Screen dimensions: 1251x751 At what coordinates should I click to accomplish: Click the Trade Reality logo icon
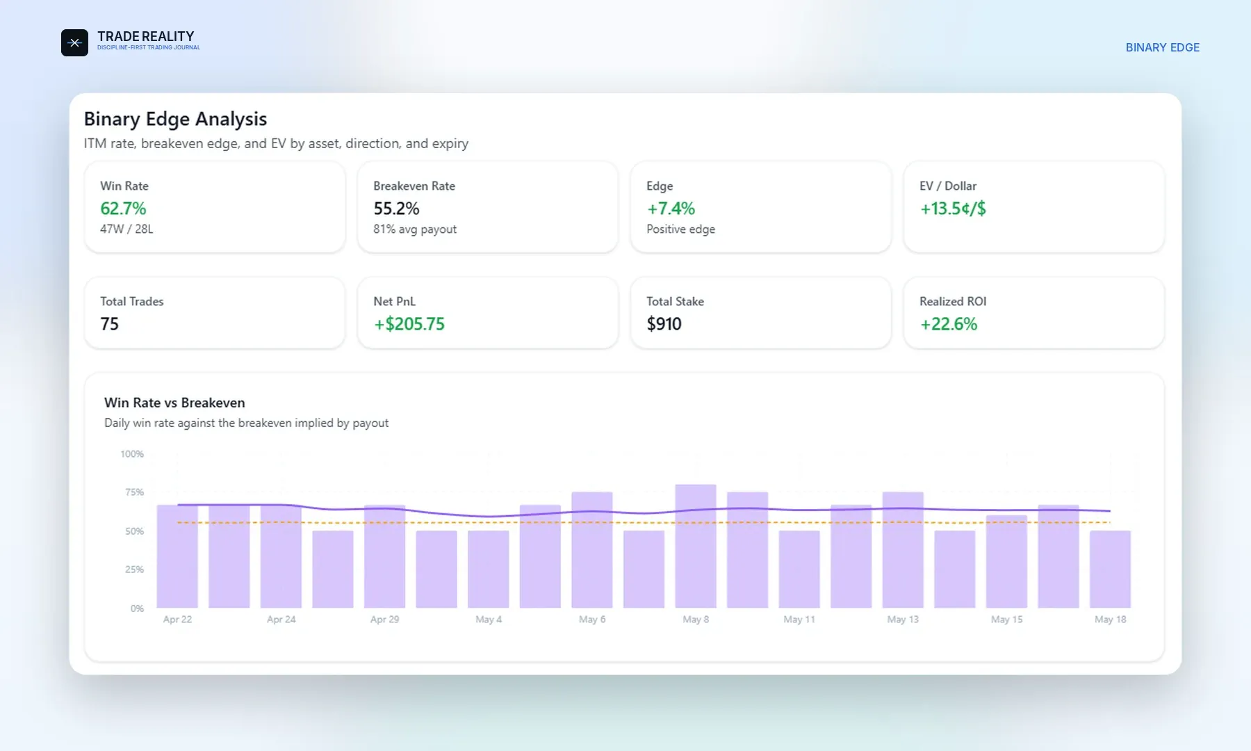pyautogui.click(x=74, y=42)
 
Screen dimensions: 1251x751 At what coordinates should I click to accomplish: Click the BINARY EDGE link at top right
pyautogui.click(x=1162, y=47)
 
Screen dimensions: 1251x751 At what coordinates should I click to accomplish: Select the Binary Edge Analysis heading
pyautogui.click(x=175, y=119)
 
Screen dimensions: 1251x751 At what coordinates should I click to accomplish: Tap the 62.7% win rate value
pyautogui.click(x=123, y=209)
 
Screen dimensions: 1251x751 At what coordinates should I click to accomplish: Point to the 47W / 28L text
pyautogui.click(x=126, y=229)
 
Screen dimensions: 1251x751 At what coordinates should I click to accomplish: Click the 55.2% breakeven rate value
pyautogui.click(x=396, y=209)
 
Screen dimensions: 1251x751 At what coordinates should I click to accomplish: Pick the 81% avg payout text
pyautogui.click(x=415, y=229)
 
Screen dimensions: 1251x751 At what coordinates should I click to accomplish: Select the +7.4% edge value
pyautogui.click(x=671, y=209)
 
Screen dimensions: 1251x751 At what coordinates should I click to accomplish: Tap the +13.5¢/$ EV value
pyautogui.click(x=953, y=209)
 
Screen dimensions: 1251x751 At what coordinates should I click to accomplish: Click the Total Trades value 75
pyautogui.click(x=109, y=324)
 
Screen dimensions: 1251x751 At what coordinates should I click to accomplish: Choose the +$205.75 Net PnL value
pyautogui.click(x=409, y=324)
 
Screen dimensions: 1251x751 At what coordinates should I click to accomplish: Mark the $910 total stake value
pyautogui.click(x=664, y=324)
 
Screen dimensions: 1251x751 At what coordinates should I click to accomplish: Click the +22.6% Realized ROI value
pyautogui.click(x=949, y=324)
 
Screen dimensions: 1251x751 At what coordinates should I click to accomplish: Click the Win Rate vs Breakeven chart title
pyautogui.click(x=174, y=403)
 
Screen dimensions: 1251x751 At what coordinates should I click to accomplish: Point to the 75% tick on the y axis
pyautogui.click(x=134, y=492)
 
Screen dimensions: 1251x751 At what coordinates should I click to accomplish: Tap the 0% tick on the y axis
pyautogui.click(x=137, y=608)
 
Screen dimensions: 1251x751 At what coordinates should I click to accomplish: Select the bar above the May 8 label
pyautogui.click(x=696, y=546)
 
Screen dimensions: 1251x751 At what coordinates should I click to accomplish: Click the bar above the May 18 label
pyautogui.click(x=1110, y=569)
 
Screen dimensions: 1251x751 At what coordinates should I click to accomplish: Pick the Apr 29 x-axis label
pyautogui.click(x=384, y=620)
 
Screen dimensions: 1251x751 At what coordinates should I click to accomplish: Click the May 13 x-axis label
pyautogui.click(x=903, y=620)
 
